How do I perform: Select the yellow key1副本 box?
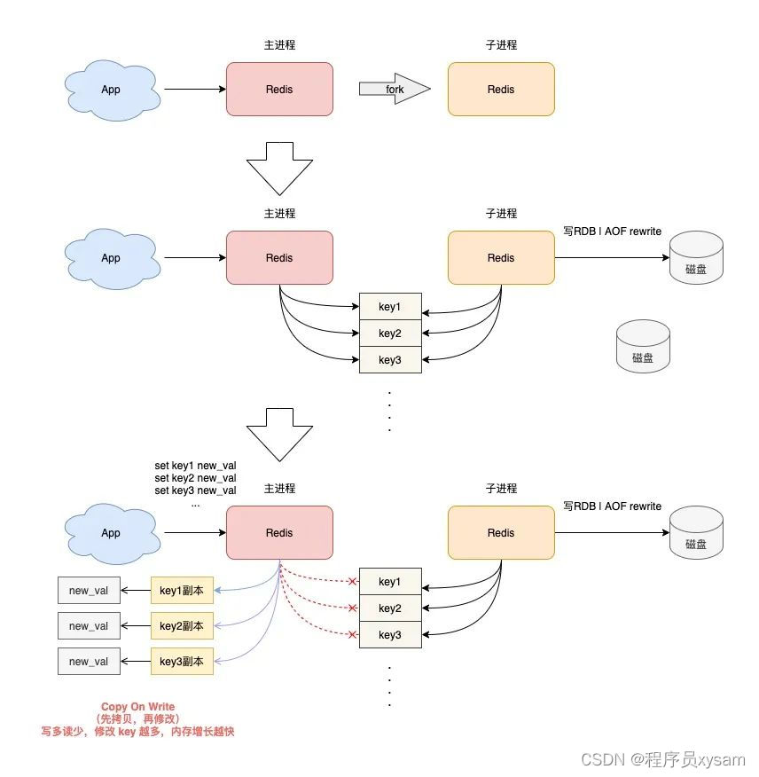point(182,590)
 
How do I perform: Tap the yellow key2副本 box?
point(182,625)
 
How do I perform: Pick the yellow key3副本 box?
point(182,661)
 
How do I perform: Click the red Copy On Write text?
point(137,708)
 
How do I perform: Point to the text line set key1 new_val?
point(195,466)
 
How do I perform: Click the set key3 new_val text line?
point(195,491)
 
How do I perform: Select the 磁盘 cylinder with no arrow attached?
point(643,347)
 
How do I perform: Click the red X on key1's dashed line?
point(353,582)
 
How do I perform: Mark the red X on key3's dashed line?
point(353,634)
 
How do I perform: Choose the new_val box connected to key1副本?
point(89,590)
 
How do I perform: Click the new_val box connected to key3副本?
point(89,661)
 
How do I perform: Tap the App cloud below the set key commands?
point(111,532)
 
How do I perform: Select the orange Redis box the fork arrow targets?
point(501,90)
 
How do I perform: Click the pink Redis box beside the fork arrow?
point(279,90)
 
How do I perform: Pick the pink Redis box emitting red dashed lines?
point(279,532)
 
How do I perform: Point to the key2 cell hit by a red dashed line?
point(389,608)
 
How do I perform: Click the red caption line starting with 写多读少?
point(137,732)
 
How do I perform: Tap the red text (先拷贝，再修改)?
point(137,719)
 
